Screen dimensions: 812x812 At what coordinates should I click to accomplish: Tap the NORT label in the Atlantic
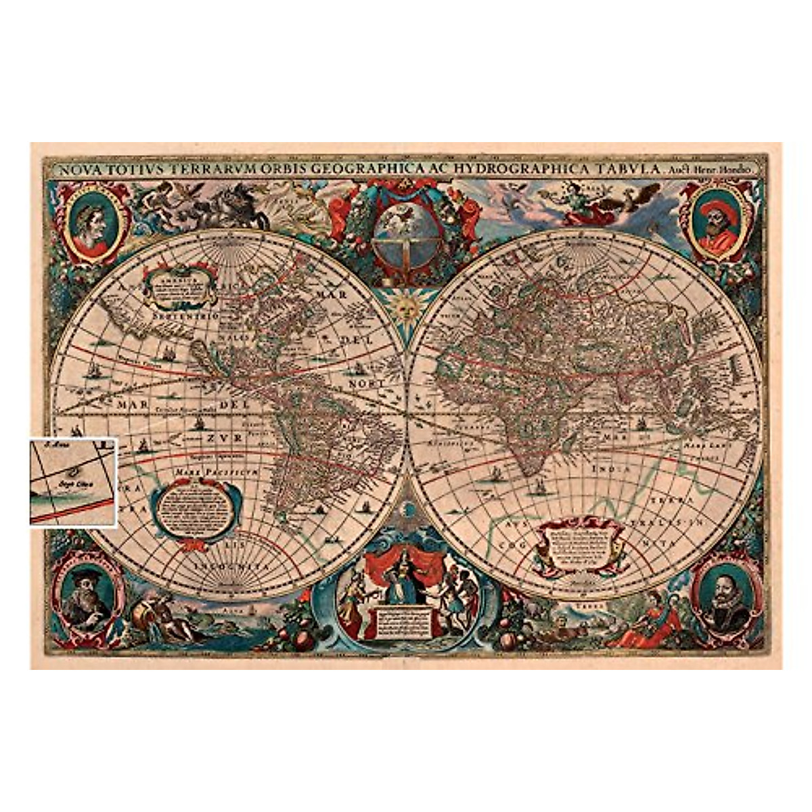[x=367, y=384]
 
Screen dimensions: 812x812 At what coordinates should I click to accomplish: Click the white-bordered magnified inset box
[x=74, y=481]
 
